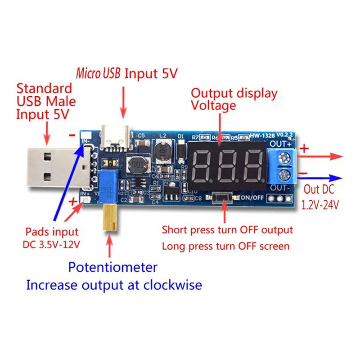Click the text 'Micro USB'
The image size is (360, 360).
click(98, 73)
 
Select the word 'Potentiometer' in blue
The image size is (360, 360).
click(112, 267)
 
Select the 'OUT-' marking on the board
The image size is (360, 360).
click(279, 188)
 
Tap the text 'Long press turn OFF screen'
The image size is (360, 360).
click(225, 246)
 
